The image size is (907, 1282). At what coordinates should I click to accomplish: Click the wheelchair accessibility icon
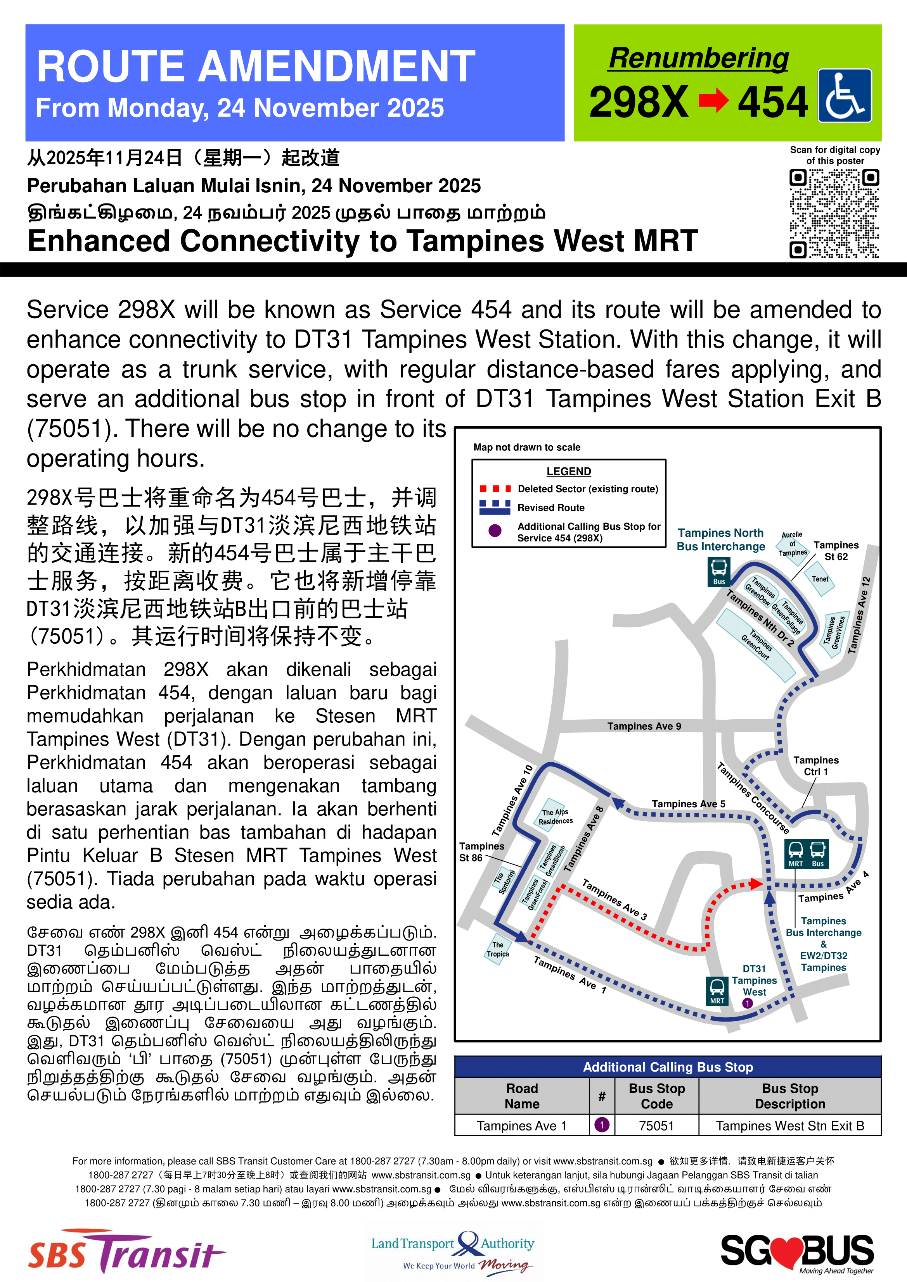(845, 95)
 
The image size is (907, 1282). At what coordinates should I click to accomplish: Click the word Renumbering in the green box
(699, 58)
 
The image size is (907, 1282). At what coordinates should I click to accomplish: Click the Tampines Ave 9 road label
(644, 726)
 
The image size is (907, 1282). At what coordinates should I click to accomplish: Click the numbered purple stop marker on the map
(747, 1003)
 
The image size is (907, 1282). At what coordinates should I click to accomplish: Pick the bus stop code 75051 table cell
(657, 1126)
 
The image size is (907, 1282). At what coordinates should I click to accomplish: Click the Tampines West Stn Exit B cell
(789, 1126)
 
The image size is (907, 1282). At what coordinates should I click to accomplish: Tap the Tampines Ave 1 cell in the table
(521, 1126)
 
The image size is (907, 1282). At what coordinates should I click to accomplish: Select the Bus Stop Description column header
(789, 1096)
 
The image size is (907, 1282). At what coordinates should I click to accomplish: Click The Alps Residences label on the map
(555, 816)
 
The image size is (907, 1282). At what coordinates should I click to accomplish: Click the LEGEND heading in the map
(568, 471)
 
